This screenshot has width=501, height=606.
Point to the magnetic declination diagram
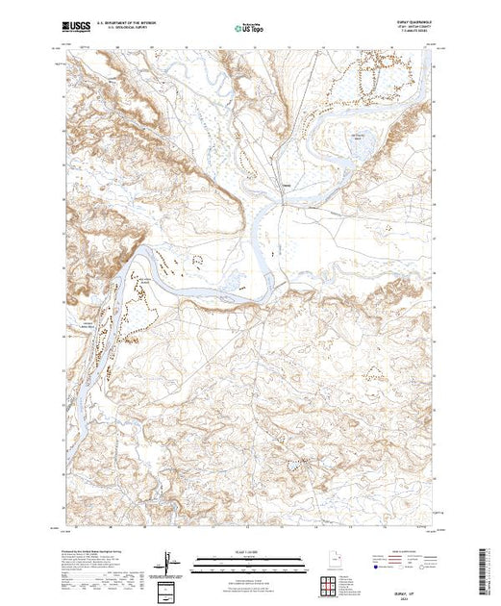(168, 561)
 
